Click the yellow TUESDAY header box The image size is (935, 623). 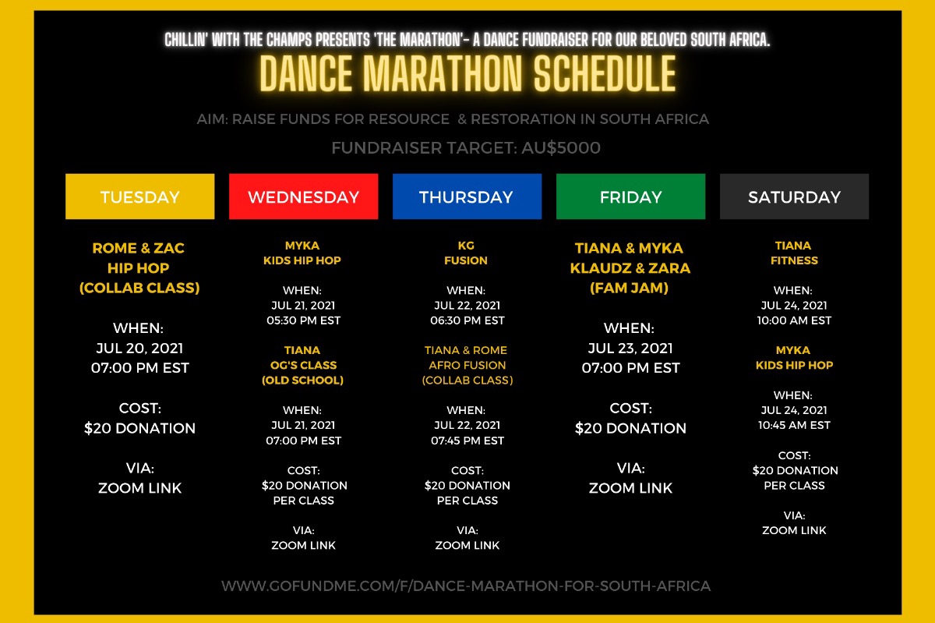pyautogui.click(x=139, y=196)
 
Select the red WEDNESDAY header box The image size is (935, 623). pyautogui.click(x=303, y=196)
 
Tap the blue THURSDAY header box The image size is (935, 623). pyautogui.click(x=467, y=196)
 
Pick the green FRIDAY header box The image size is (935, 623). pyautogui.click(x=630, y=196)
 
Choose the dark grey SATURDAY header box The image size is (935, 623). pyautogui.click(x=794, y=196)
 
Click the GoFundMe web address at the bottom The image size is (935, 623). pyautogui.click(x=466, y=586)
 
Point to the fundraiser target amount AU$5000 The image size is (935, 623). pyautogui.click(x=561, y=148)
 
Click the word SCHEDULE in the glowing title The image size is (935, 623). pyautogui.click(x=605, y=74)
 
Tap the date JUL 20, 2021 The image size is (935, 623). pyautogui.click(x=139, y=348)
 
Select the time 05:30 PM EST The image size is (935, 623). pyautogui.click(x=303, y=320)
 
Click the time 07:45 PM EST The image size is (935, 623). pyautogui.click(x=467, y=441)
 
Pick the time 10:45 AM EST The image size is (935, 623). pyautogui.click(x=794, y=426)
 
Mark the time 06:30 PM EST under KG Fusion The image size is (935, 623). pyautogui.click(x=467, y=320)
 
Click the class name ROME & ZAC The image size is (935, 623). pyautogui.click(x=138, y=248)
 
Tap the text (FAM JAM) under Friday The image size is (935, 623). pyautogui.click(x=629, y=288)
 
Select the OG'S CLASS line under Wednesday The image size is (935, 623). pyautogui.click(x=303, y=365)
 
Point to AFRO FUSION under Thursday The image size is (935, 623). pyautogui.click(x=467, y=365)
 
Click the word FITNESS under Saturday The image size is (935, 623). pyautogui.click(x=794, y=260)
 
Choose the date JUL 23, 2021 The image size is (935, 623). pyautogui.click(x=630, y=348)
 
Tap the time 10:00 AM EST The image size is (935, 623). pyautogui.click(x=794, y=320)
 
